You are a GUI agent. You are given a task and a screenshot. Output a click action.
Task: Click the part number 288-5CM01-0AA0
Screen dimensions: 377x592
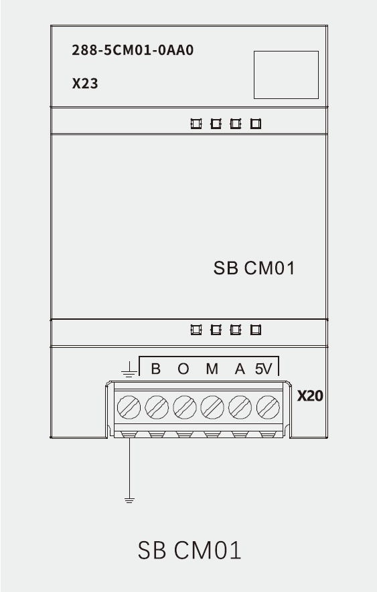coord(133,50)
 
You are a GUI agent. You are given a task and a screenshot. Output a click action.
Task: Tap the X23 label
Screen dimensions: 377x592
coord(85,84)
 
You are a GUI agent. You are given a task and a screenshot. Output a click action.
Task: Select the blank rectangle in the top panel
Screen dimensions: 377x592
coord(286,75)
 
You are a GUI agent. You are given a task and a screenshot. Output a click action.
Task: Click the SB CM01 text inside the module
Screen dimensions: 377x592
coord(254,268)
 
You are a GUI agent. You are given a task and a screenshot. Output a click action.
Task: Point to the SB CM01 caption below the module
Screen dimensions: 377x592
coord(189,550)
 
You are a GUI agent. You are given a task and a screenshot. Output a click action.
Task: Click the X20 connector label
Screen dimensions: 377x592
coord(310,396)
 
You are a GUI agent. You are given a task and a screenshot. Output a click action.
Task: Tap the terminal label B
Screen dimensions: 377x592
coord(155,369)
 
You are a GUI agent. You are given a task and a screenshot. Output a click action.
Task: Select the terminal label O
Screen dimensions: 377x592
coord(183,369)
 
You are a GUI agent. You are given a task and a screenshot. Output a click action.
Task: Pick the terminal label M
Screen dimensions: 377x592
coord(212,369)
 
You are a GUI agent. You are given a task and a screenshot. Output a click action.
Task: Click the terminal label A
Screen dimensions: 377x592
coord(240,369)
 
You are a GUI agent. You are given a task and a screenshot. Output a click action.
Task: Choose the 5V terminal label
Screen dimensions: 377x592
coord(263,369)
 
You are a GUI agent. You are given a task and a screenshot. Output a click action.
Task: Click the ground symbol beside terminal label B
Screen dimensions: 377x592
coord(129,370)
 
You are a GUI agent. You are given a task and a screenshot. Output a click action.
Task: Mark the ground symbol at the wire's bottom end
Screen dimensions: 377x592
coord(129,500)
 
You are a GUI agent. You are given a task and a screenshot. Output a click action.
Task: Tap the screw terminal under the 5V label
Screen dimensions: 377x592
coord(268,407)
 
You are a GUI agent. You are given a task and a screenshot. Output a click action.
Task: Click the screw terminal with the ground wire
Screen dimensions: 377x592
coord(129,407)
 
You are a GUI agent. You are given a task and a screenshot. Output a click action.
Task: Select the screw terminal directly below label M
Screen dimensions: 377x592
coord(212,407)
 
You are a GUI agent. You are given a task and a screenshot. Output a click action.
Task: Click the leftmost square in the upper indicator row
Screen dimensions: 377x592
coord(196,124)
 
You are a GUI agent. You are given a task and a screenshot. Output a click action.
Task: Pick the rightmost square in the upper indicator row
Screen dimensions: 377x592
coord(256,124)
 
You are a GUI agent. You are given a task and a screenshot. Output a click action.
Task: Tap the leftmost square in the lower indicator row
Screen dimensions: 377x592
coord(196,330)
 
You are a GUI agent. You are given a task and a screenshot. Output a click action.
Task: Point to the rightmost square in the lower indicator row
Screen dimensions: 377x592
coord(256,330)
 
